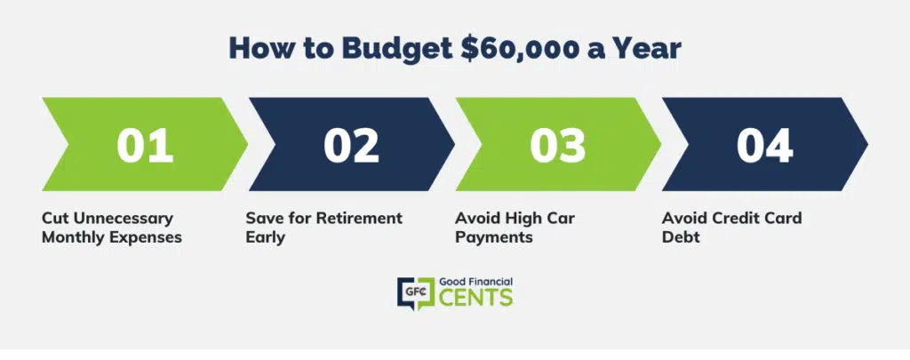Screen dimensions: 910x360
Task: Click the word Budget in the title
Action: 397,49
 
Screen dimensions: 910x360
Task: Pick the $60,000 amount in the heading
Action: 519,49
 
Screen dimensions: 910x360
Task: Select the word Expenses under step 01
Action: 145,238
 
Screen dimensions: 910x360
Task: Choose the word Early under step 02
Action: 265,238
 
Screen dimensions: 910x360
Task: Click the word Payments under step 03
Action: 494,238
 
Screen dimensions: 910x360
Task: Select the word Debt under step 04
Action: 681,237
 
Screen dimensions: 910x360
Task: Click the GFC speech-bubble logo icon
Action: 416,293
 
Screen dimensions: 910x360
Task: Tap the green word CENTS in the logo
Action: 476,297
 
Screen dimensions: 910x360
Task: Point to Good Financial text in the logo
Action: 476,282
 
